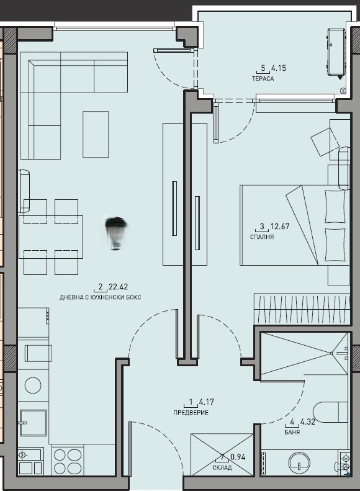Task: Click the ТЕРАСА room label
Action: coord(263,79)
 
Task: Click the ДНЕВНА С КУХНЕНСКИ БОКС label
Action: coord(100,298)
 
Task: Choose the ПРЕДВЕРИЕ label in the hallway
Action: coord(191,413)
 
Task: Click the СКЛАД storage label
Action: coord(222,467)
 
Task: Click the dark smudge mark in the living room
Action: coord(115,232)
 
